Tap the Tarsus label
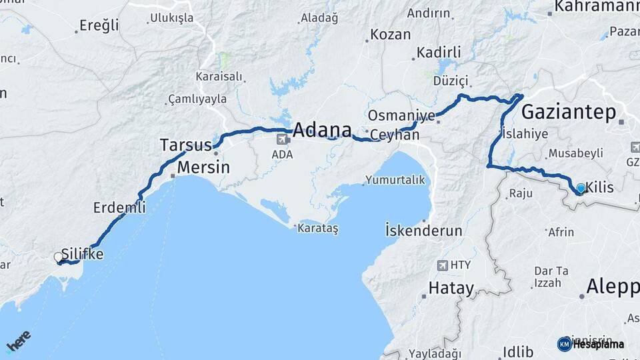pyautogui.click(x=185, y=145)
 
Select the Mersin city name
pyautogui.click(x=203, y=167)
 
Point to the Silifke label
pyautogui.click(x=82, y=254)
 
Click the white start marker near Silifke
pyautogui.click(x=58, y=257)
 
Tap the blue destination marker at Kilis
pyautogui.click(x=581, y=189)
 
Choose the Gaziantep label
pyautogui.click(x=569, y=112)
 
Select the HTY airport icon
pyautogui.click(x=442, y=265)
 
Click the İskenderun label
pyautogui.click(x=424, y=231)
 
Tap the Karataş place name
pyautogui.click(x=319, y=229)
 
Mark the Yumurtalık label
pyautogui.click(x=395, y=180)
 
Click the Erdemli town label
pyautogui.click(x=119, y=207)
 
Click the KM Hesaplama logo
pyautogui.click(x=591, y=344)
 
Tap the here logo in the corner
pyautogui.click(x=18, y=342)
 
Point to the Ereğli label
pyautogui.click(x=99, y=26)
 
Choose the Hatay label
pyautogui.click(x=451, y=289)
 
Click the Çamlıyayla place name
pyautogui.click(x=197, y=99)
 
